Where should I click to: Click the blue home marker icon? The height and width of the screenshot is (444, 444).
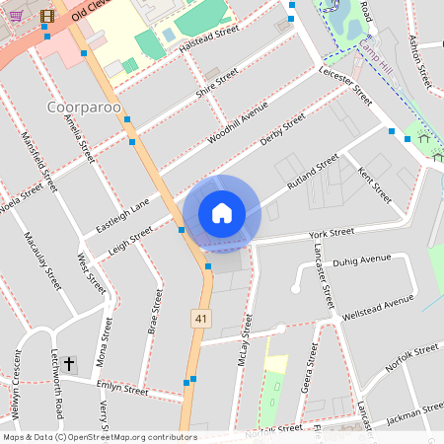[x=221, y=213]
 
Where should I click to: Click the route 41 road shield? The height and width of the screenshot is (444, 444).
[x=200, y=318]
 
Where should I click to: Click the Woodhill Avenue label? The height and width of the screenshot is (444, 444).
[x=238, y=124]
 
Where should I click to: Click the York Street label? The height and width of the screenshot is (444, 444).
[x=331, y=233]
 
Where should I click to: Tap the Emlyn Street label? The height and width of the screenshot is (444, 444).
[x=123, y=390]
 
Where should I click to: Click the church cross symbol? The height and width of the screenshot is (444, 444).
[x=70, y=365]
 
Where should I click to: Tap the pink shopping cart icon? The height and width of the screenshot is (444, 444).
[x=16, y=15]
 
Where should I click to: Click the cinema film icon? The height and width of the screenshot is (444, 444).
[x=47, y=15]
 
